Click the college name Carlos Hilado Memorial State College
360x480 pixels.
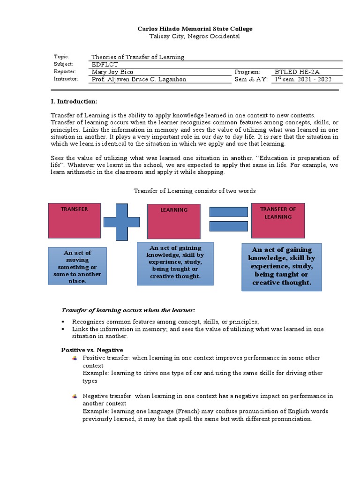pos(195,29)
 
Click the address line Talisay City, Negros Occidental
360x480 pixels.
pos(195,36)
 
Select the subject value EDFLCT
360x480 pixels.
pos(105,64)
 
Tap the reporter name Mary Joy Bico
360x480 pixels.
pos(112,72)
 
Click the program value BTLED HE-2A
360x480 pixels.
pos(298,72)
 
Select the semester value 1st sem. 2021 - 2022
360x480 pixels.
pos(303,79)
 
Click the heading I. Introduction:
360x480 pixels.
pos(74,101)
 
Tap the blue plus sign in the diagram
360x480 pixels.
pos(121,222)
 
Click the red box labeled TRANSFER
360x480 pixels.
pos(74,221)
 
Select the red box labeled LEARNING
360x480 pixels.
pos(174,221)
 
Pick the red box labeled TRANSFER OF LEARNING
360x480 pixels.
pos(278,221)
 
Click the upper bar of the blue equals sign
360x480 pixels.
pos(228,212)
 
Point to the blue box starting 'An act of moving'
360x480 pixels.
pos(77,266)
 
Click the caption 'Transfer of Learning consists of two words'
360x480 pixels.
pos(195,191)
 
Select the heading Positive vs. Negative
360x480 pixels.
pos(92,350)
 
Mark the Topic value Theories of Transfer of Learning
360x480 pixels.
pos(138,57)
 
